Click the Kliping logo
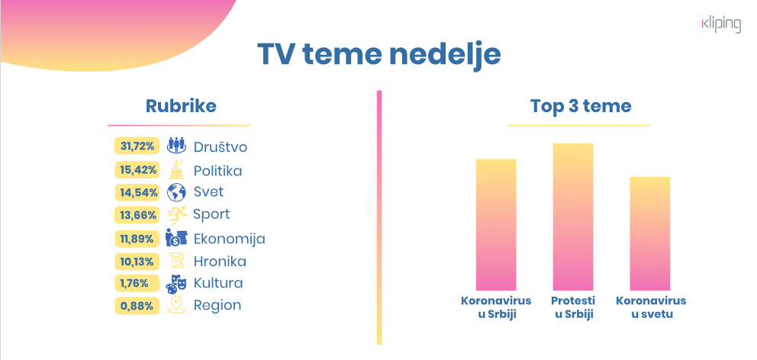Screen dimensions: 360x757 tap(720, 24)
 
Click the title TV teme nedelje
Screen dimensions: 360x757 tap(378, 56)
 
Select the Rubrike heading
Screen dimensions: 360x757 tap(180, 106)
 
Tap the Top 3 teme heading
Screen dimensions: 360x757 tap(581, 106)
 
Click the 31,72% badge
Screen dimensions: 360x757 tap(137, 146)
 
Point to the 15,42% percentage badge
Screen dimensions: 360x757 tap(137, 169)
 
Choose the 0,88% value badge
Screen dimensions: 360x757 tap(137, 306)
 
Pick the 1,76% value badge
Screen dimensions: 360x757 tap(137, 283)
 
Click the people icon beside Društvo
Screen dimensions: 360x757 tap(176, 145)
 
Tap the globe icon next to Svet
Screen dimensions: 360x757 tap(176, 191)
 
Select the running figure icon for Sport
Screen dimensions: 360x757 tap(177, 214)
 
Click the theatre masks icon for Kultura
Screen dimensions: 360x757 tap(176, 283)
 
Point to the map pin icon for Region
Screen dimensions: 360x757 tap(176, 305)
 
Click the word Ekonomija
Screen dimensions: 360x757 tap(229, 239)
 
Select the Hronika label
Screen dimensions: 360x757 tap(220, 262)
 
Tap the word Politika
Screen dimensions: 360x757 tap(217, 170)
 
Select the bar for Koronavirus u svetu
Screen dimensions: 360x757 tap(650, 233)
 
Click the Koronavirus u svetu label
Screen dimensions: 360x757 tap(651, 307)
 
